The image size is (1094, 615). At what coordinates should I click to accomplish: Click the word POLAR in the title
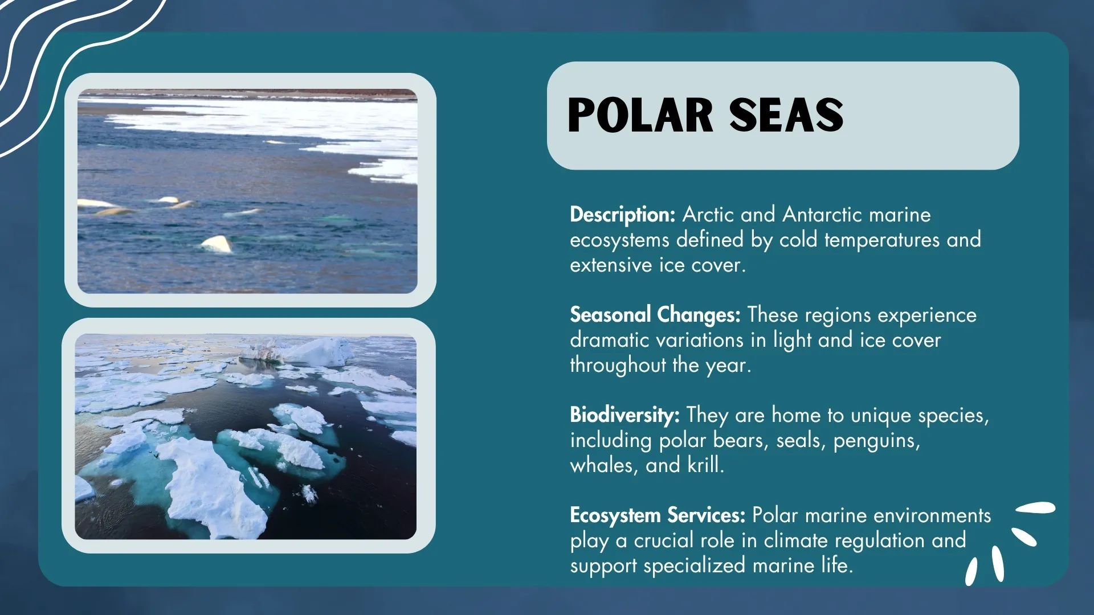click(x=640, y=116)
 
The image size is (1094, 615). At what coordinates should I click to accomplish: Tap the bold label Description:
click(x=622, y=215)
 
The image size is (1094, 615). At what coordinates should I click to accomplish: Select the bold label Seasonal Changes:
click(x=655, y=315)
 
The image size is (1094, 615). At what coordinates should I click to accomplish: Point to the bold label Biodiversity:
click(x=624, y=415)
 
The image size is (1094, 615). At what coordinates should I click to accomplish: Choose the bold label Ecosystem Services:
click(x=657, y=515)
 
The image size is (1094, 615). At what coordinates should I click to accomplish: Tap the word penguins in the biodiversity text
click(x=876, y=440)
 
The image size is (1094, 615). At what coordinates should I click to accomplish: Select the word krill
click(x=705, y=465)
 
